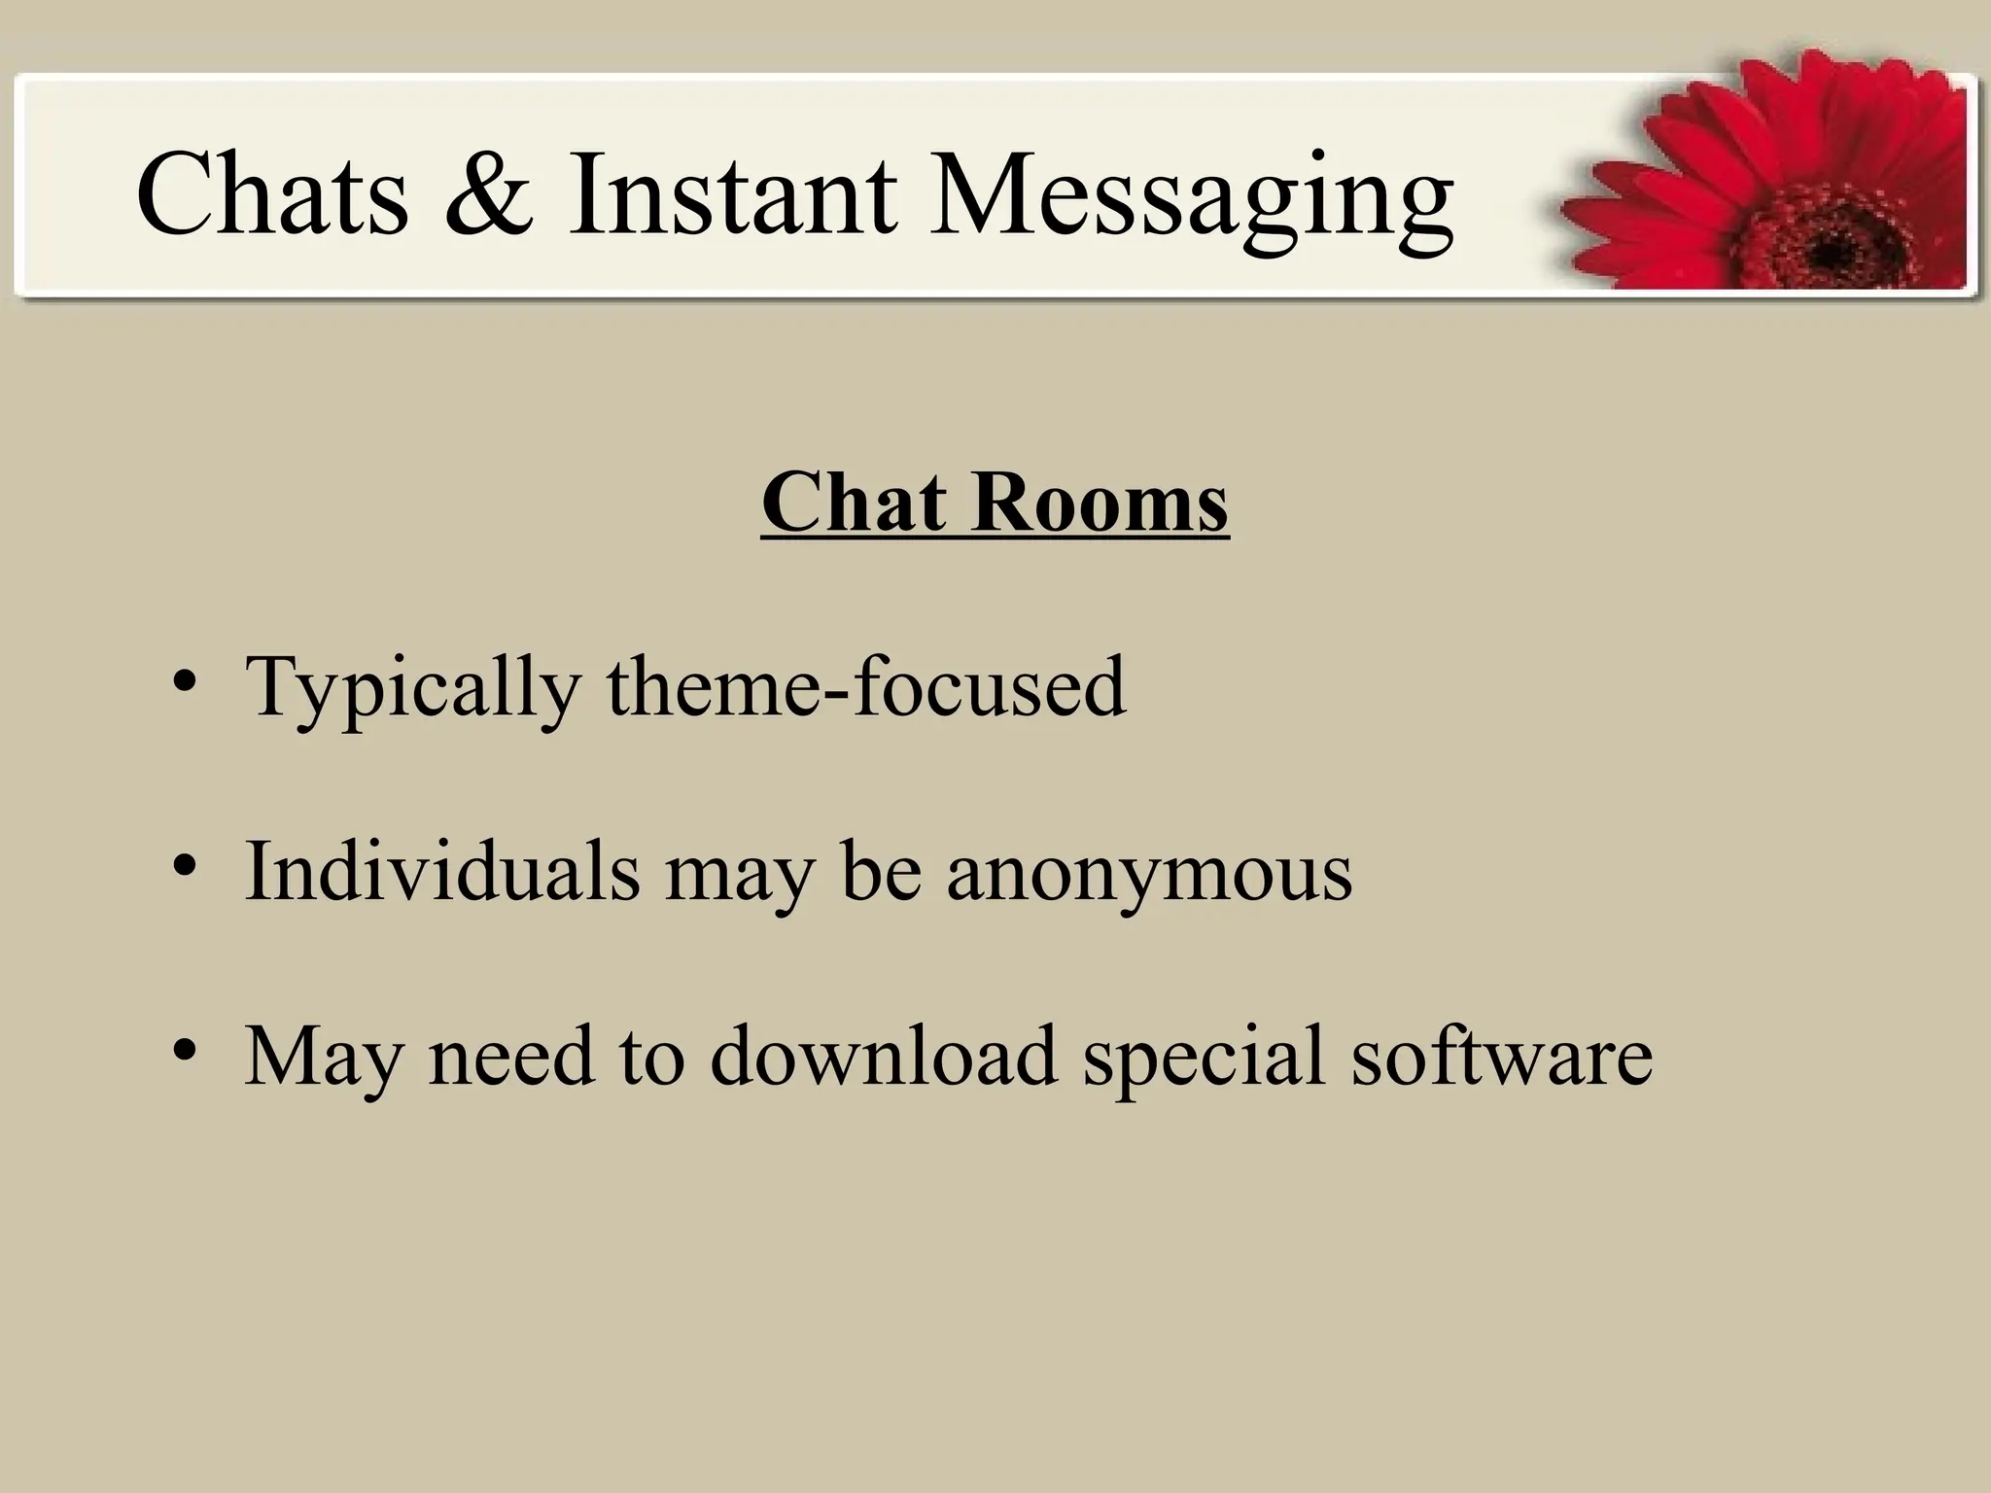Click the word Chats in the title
tap(273, 194)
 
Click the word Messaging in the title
tap(1191, 199)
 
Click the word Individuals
tap(442, 871)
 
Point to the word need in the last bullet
tap(510, 1056)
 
